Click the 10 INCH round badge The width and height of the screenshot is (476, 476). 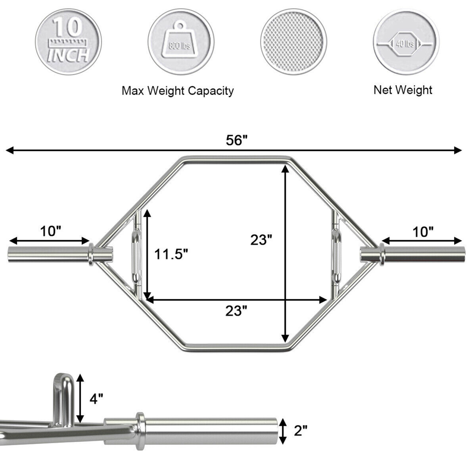[x=68, y=42]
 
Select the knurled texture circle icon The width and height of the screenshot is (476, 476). [x=294, y=42]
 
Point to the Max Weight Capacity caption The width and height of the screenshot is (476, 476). [x=178, y=91]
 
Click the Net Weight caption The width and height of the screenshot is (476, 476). [x=403, y=90]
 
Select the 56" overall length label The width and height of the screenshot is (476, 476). [x=236, y=140]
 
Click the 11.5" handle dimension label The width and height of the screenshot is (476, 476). [x=171, y=254]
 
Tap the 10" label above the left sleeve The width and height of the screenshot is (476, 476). [x=50, y=231]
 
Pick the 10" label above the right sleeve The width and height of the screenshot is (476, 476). [x=423, y=232]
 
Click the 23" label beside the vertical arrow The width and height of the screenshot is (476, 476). [x=261, y=240]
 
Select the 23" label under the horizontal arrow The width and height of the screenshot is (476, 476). [x=236, y=311]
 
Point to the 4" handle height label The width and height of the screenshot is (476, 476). [x=96, y=399]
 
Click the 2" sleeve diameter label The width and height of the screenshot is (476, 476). [x=301, y=431]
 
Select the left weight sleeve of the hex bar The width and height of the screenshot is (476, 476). [x=48, y=254]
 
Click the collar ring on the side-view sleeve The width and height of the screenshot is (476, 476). [x=140, y=431]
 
